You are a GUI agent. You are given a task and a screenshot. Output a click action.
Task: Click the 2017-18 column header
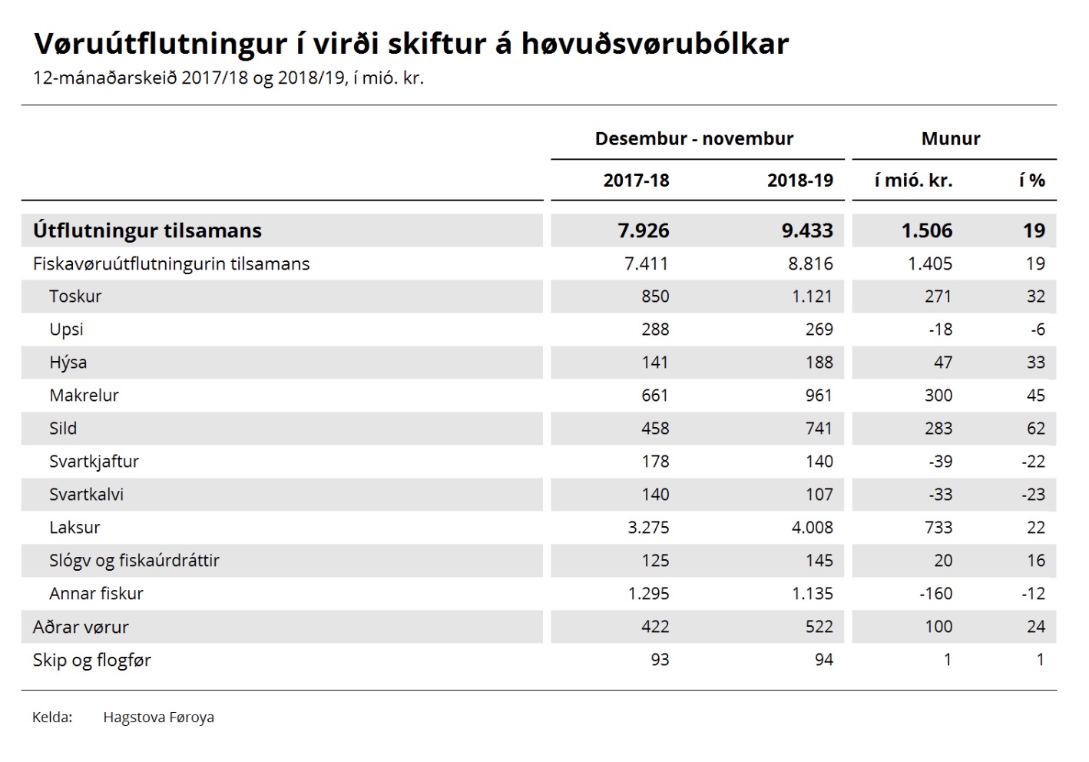(636, 181)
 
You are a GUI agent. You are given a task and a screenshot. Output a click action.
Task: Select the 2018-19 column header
(800, 181)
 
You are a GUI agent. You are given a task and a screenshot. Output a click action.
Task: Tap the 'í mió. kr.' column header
(913, 181)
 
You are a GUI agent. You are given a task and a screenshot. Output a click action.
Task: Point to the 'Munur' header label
(951, 138)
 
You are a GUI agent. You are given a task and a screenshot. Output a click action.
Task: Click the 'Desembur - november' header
(694, 138)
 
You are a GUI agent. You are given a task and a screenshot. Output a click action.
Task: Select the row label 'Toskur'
(75, 297)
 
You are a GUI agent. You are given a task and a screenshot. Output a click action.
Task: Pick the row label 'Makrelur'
(84, 396)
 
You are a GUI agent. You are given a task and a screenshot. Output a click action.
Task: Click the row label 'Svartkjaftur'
(94, 462)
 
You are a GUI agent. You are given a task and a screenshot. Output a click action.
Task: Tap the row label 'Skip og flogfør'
(92, 660)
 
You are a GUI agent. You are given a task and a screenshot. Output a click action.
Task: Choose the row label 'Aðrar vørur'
(81, 627)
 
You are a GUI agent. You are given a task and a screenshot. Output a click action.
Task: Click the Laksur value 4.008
(813, 527)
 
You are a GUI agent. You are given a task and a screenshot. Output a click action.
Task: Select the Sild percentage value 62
(1035, 428)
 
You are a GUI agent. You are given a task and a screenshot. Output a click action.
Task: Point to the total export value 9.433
(807, 230)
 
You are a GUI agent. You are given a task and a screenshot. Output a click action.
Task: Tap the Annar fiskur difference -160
(936, 593)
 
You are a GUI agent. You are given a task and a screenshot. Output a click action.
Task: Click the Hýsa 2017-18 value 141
(655, 363)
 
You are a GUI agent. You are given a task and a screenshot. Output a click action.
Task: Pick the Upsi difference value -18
(940, 330)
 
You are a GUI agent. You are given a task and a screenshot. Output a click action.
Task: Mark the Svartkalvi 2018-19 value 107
(819, 494)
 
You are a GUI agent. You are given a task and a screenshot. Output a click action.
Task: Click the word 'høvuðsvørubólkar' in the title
(655, 44)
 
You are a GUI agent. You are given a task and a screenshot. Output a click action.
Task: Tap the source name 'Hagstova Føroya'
(158, 717)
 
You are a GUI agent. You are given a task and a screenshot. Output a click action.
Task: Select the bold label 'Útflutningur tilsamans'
(147, 230)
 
